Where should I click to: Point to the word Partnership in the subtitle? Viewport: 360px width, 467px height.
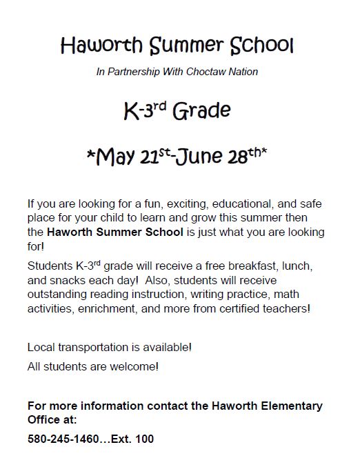tap(133, 71)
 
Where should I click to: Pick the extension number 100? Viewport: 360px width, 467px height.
tap(144, 439)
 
